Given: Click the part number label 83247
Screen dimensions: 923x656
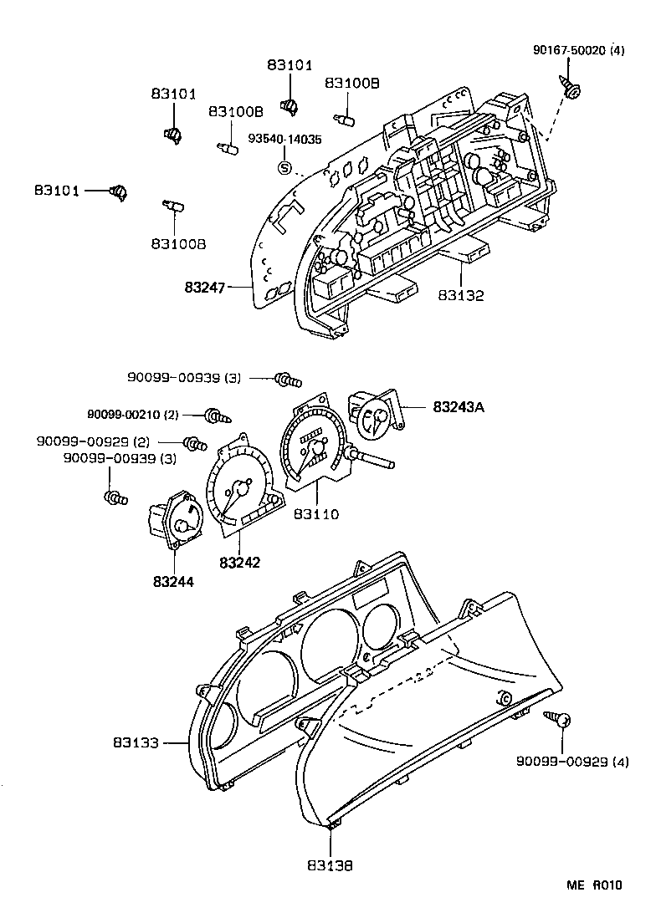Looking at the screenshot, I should point(205,288).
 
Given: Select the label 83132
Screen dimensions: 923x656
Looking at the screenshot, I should point(460,294).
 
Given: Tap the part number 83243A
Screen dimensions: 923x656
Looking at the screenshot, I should point(459,407).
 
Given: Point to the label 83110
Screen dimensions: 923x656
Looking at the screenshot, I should point(316,514).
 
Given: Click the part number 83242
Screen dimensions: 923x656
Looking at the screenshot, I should point(240,563).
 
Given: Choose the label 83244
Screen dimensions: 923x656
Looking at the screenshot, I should point(173,581).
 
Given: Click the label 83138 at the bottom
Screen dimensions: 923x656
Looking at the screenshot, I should point(330,866).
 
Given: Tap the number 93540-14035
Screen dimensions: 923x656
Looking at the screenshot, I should point(284,140).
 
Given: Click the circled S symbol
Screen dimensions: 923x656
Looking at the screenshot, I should point(284,168).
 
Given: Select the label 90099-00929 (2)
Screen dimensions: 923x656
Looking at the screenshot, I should point(93,441).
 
